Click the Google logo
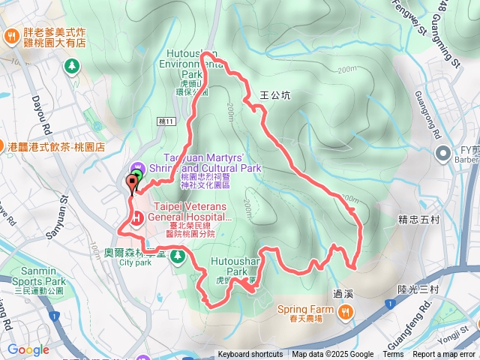tap(28, 349)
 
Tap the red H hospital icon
tap(137, 218)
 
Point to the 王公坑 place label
tap(274, 96)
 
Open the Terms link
tap(393, 355)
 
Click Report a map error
tap(445, 355)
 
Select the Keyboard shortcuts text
tap(250, 355)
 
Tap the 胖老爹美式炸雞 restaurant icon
tap(12, 36)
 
